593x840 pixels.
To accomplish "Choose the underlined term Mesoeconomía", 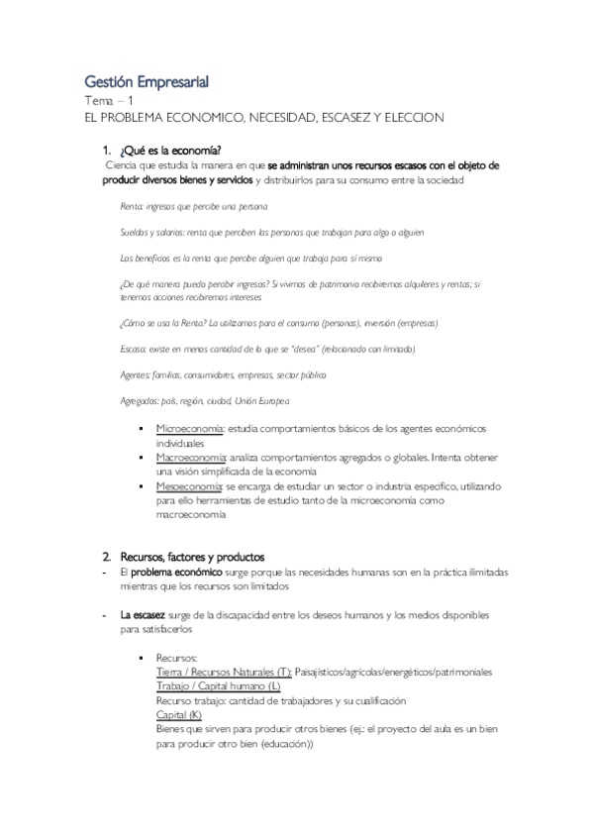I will (x=188, y=486).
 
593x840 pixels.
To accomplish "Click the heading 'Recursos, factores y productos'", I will (x=192, y=557).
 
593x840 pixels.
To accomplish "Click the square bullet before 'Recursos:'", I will (x=146, y=658).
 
